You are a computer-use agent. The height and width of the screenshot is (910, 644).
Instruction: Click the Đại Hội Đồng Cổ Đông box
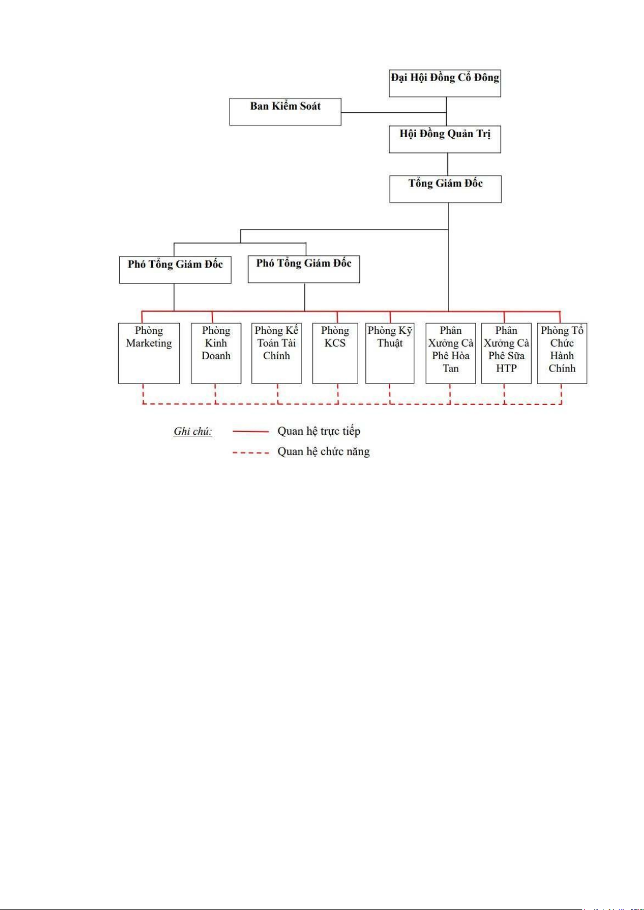tap(445, 83)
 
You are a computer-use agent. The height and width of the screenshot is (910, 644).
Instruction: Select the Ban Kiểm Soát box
tap(285, 111)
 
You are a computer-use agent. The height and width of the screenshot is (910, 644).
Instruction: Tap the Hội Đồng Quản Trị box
tap(445, 139)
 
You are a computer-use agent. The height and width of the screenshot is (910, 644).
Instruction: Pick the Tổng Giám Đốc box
tap(445, 189)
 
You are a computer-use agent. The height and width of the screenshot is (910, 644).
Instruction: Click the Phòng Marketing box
tap(149, 353)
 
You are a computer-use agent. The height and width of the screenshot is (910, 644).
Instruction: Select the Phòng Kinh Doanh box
tap(216, 353)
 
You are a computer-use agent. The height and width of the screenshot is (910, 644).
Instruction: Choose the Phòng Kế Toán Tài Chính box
tap(276, 353)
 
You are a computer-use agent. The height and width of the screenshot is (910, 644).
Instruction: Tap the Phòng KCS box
tap(335, 353)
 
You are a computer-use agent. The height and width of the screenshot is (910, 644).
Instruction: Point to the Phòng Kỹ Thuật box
tap(390, 353)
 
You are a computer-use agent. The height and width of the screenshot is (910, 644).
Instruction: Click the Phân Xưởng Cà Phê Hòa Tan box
tap(451, 353)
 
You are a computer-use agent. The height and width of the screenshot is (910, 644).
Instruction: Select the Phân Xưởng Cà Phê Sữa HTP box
tap(506, 353)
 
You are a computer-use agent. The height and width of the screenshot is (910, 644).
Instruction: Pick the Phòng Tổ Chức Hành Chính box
tap(562, 353)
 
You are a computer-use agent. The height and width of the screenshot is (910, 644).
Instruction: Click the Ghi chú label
tap(193, 431)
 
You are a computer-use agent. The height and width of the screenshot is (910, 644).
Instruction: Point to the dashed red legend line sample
tap(251, 452)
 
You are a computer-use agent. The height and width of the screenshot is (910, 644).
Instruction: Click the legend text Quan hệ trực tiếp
tap(319, 431)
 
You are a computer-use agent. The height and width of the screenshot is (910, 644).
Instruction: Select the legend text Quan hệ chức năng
tap(324, 451)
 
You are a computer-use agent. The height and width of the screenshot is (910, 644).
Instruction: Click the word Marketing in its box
tap(149, 343)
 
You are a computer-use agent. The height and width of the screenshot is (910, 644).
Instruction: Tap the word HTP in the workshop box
tap(506, 368)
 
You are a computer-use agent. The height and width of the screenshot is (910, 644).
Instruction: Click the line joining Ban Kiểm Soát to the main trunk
tap(394, 112)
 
